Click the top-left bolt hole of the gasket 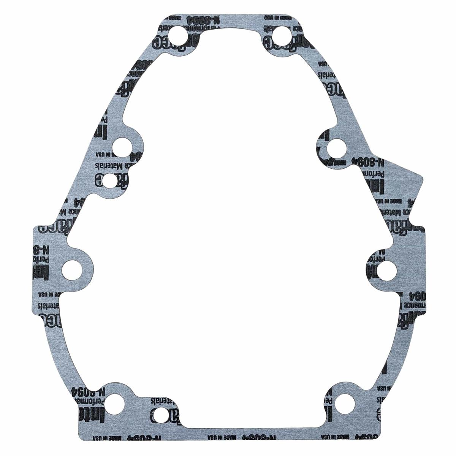pos(177,37)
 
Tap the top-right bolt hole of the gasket pos(282,36)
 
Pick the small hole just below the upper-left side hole pos(110,180)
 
